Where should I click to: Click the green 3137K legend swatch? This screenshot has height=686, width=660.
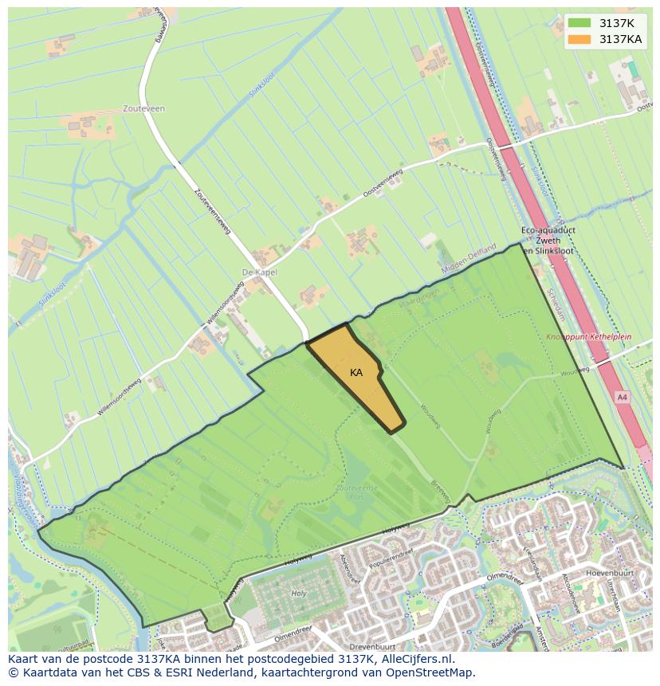pyautogui.click(x=579, y=23)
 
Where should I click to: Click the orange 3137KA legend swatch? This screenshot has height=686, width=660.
pyautogui.click(x=579, y=39)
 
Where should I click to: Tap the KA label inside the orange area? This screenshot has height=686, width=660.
pyautogui.click(x=356, y=372)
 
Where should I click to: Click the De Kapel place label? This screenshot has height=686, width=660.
pyautogui.click(x=259, y=272)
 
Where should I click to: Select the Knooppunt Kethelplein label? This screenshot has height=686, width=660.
pyautogui.click(x=588, y=337)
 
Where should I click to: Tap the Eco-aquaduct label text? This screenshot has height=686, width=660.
pyautogui.click(x=548, y=229)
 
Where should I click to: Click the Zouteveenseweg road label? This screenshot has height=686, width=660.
pyautogui.click(x=211, y=210)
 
